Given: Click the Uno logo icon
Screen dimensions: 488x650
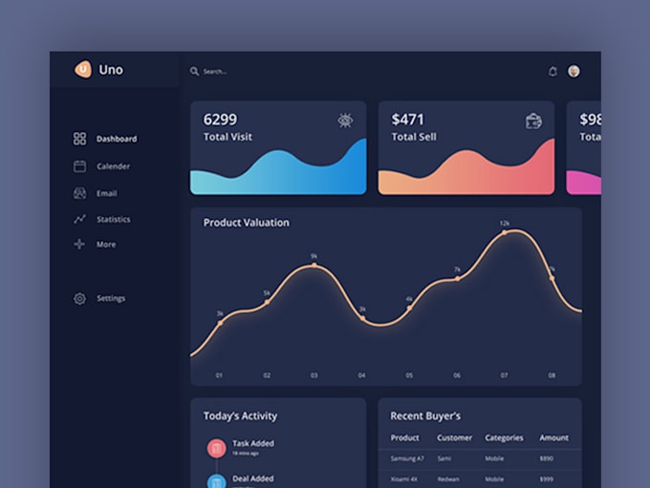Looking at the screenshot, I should tap(83, 69).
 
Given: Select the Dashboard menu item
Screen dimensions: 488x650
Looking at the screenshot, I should tap(116, 139).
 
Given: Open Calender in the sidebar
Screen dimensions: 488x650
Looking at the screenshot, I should tap(113, 166).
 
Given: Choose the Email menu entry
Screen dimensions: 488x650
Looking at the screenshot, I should tap(106, 193).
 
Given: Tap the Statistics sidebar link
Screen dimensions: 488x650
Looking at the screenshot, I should tap(113, 219).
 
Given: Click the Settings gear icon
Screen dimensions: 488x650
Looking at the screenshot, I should tap(79, 299).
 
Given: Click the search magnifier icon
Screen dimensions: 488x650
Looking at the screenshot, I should tap(194, 71).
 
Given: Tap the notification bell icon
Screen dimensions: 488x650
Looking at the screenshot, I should tap(552, 71).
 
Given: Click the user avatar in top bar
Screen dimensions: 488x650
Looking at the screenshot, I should tap(574, 71).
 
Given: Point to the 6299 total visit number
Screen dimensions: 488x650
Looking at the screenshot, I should tap(220, 120).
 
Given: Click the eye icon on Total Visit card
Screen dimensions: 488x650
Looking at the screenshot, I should tap(345, 121).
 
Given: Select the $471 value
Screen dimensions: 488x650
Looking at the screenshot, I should tap(407, 120).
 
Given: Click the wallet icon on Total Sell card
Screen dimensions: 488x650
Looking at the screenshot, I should tap(533, 121).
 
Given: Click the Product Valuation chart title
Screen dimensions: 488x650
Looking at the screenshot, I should tap(246, 223).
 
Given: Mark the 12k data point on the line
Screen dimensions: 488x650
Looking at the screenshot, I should tap(505, 233).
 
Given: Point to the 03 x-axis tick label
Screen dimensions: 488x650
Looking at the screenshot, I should tap(314, 375).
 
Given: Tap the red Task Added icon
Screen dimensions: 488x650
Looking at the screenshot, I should tap(216, 447).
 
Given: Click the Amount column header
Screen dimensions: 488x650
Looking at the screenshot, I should tap(553, 437).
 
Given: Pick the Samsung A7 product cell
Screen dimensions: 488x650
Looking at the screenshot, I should tap(406, 459).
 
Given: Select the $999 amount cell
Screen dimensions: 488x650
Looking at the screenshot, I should tap(547, 478).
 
